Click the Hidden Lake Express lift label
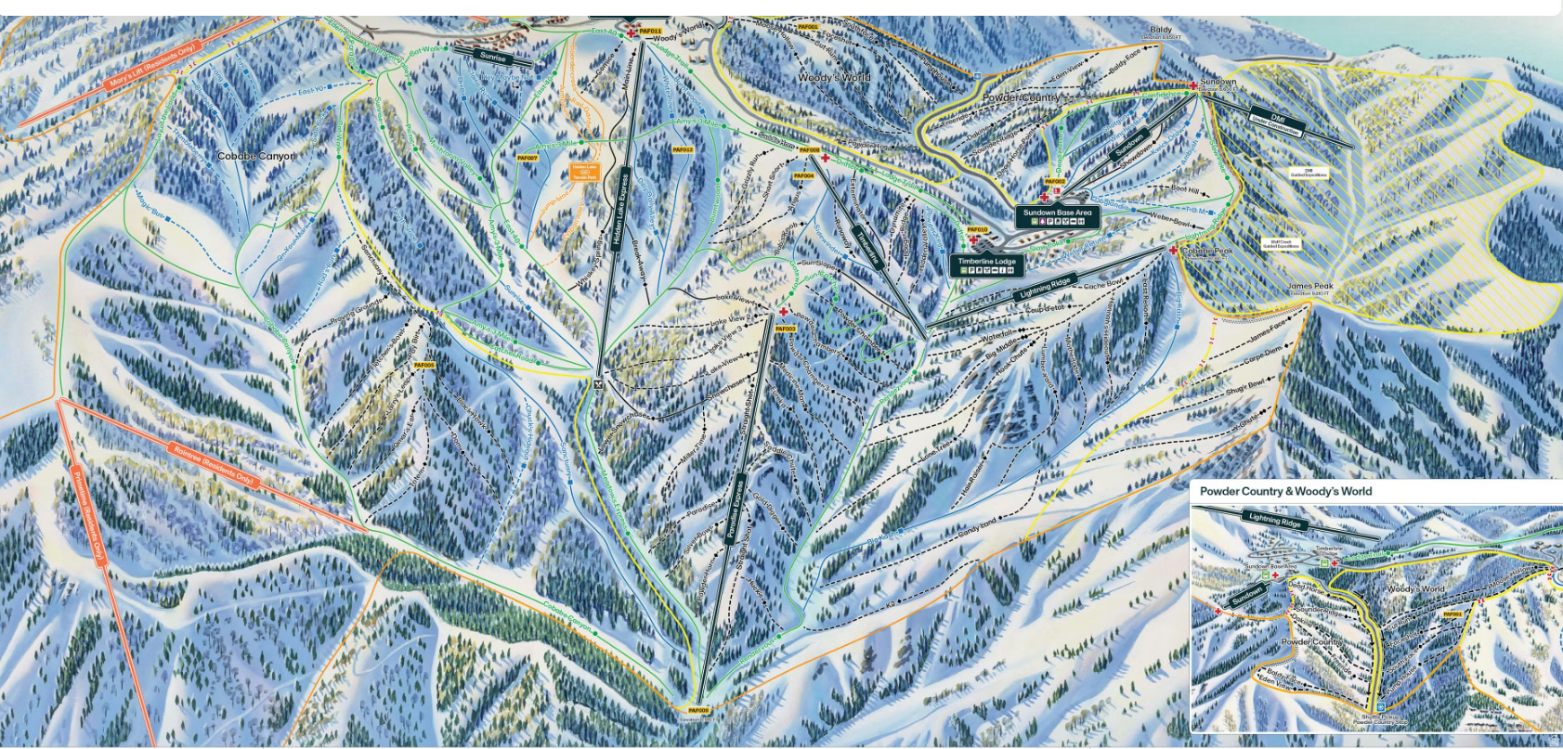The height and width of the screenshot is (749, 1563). [619, 211]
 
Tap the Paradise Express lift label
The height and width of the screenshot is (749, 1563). [736, 508]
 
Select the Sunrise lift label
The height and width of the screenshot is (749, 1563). [493, 58]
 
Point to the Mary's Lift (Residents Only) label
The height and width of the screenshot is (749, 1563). [152, 65]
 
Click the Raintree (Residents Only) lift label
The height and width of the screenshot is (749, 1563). [213, 464]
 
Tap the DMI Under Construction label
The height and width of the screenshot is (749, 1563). [1278, 122]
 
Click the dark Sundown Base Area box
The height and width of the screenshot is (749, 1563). [1057, 217]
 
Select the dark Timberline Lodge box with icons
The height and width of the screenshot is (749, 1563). [986, 265]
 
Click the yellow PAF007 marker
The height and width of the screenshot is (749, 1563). [527, 159]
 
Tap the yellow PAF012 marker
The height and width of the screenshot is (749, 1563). [683, 149]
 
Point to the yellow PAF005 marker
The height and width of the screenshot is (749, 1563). [423, 366]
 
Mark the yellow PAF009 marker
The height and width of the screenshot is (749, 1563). [698, 711]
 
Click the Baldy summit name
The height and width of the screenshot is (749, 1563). [1161, 30]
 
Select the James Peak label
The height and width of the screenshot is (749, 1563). [1309, 287]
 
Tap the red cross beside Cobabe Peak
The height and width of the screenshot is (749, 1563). [1173, 251]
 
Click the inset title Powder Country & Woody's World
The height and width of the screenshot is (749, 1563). [1285, 491]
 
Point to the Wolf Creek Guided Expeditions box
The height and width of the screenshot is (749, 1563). [1282, 244]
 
